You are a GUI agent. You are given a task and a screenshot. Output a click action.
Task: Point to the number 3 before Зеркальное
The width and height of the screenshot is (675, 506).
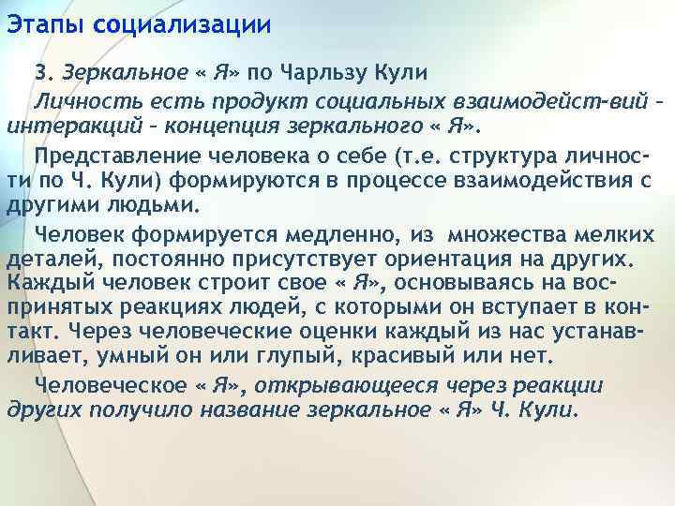40,72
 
